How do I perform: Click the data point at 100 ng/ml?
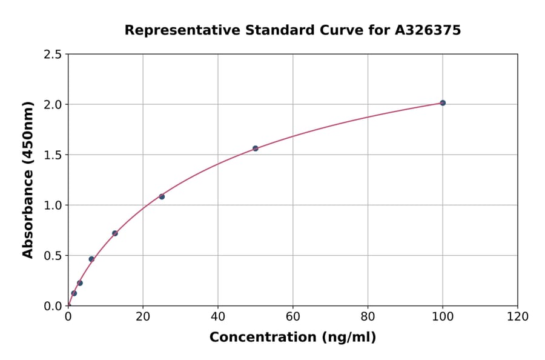click(443, 103)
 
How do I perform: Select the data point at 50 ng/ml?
click(256, 148)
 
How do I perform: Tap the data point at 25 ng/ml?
click(162, 196)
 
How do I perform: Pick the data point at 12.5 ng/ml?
click(115, 233)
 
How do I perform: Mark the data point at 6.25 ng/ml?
click(91, 259)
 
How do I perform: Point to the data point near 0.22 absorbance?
click(80, 283)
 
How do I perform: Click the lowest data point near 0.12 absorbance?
click(74, 293)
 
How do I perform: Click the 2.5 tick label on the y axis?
click(53, 55)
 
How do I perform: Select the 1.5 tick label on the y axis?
click(53, 155)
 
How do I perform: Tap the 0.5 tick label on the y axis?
click(53, 256)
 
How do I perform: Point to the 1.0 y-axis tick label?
click(53, 205)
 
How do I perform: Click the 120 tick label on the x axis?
click(517, 317)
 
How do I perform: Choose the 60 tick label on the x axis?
click(293, 317)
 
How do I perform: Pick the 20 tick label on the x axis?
click(143, 317)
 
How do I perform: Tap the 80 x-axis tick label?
click(368, 317)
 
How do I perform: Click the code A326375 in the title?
click(428, 30)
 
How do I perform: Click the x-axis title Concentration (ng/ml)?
click(292, 338)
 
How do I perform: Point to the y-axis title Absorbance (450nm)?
click(28, 179)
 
